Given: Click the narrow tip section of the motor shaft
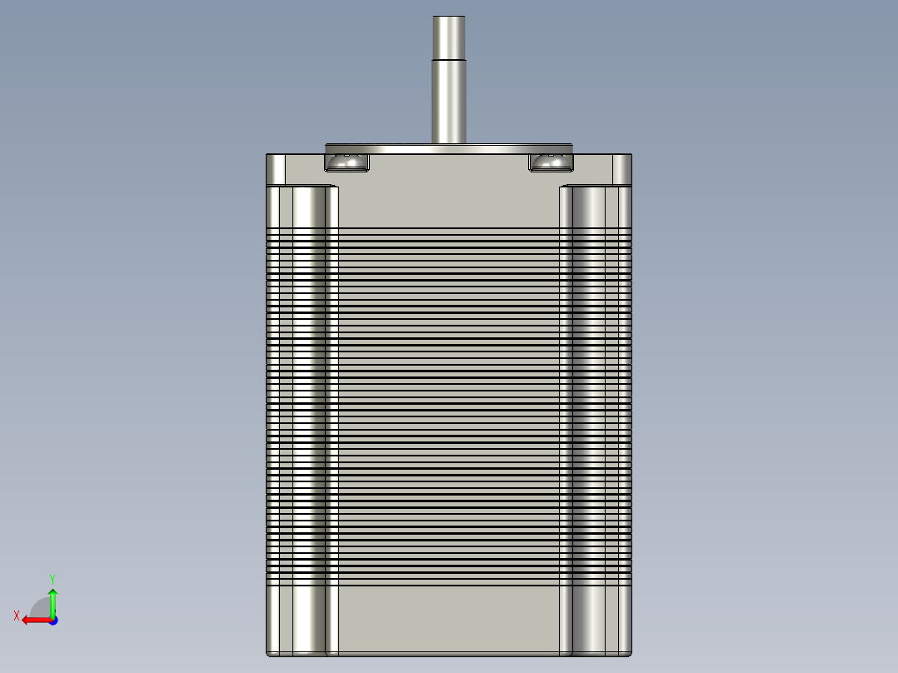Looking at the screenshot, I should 448,37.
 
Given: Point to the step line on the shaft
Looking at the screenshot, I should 448,59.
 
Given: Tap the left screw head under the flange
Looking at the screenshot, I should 347,161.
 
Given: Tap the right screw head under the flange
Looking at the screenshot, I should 550,161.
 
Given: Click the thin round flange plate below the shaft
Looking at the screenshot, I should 449,149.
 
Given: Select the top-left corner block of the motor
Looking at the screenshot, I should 276,169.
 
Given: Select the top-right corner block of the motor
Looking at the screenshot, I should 622,169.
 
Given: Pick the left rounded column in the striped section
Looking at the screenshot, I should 307,400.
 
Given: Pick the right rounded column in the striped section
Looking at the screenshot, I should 590,400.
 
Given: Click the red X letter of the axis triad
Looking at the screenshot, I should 17,616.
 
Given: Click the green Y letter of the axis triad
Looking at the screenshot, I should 52,578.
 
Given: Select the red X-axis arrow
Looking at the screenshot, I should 33,620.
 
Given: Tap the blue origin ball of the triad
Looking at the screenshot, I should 52,620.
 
